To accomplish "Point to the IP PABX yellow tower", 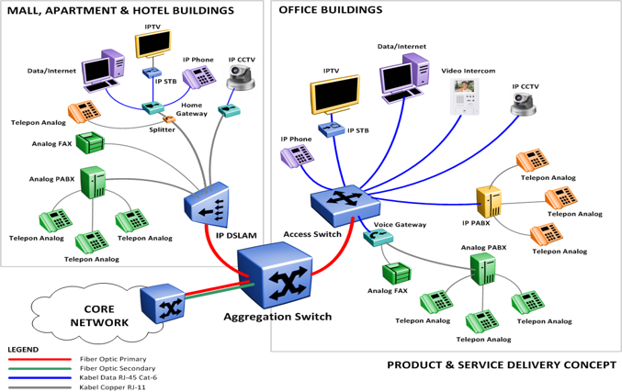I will pos(488,201).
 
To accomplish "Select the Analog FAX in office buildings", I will pos(396,273).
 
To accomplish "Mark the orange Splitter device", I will pos(169,119).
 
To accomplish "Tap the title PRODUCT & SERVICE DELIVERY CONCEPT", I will pos(502,365).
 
